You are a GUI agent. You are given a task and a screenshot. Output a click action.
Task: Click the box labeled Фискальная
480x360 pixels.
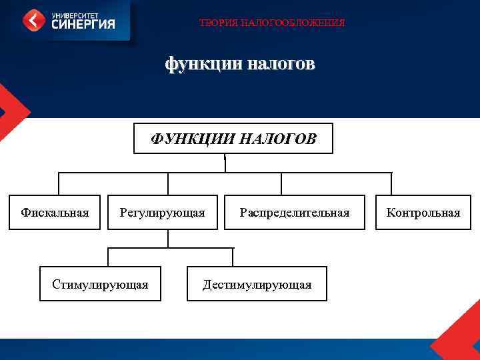pos(55,212)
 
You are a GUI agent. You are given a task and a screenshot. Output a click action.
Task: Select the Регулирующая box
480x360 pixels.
pos(162,212)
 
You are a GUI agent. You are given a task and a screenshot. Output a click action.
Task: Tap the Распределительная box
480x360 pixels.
pos(295,212)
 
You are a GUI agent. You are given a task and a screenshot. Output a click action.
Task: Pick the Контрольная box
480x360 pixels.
pos(423,212)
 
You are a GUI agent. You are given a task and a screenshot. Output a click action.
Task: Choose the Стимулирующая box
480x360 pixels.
pos(100,284)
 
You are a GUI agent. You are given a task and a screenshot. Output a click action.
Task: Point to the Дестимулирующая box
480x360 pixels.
pos(257,284)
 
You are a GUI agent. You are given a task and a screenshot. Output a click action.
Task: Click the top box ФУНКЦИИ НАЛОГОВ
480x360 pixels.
pos(233,139)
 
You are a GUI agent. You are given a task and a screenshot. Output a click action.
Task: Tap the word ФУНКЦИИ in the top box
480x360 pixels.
pos(192,139)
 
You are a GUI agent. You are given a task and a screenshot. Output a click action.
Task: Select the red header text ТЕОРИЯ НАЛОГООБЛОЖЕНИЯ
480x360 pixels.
pos(272,23)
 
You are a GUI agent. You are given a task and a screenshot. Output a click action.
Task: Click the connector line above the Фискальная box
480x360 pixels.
pos(59,184)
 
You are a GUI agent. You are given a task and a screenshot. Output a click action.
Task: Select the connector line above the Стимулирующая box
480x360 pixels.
pos(109,257)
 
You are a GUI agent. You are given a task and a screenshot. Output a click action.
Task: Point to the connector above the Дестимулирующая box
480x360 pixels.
pos(233,257)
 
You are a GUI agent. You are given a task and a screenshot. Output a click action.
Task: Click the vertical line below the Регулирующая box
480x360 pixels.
pos(168,239)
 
